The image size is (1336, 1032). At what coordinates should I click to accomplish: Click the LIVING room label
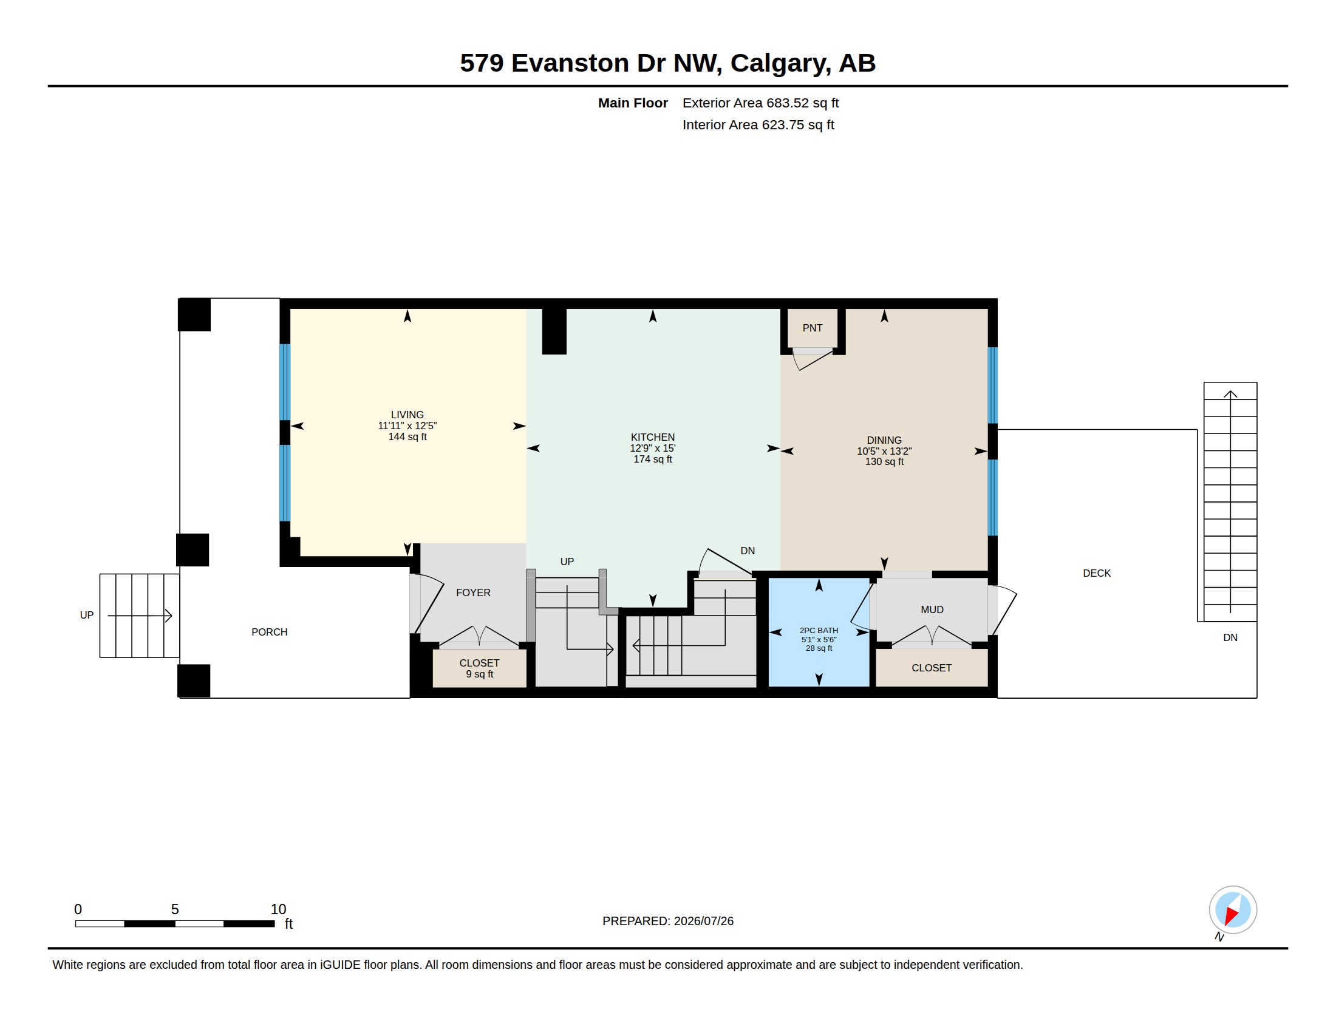point(407,415)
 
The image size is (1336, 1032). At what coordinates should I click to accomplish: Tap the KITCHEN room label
point(653,437)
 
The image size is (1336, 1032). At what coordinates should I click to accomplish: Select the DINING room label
point(884,440)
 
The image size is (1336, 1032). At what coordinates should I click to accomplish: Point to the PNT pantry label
point(813,328)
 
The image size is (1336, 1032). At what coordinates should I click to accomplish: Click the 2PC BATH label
point(819,631)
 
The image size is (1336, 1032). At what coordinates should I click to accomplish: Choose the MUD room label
point(932,609)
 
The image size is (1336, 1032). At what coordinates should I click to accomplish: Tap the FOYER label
point(474,592)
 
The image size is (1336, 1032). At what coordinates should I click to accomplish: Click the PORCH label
point(269,632)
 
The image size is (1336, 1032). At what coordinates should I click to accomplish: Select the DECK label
point(1097,574)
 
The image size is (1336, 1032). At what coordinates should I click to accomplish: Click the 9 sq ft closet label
point(480,674)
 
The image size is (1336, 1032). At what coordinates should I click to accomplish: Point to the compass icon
point(1233,910)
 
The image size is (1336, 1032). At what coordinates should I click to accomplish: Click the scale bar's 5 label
point(175,909)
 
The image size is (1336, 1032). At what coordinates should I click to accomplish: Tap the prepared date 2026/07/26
point(703,922)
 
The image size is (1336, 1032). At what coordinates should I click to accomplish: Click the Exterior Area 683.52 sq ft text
point(760,103)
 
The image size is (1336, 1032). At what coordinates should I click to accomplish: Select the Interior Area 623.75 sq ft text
point(758,125)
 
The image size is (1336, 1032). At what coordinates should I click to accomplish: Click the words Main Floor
point(633,103)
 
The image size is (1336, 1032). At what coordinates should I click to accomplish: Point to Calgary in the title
point(780,64)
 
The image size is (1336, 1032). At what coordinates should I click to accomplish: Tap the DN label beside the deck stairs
point(1230,637)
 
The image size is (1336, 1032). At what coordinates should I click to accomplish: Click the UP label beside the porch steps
point(87,615)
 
